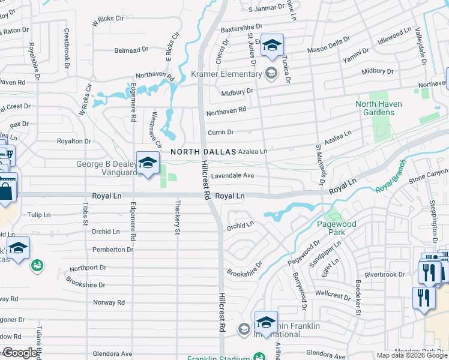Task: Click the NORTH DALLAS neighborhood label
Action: pyautogui.click(x=203, y=152)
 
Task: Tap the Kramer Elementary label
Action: pyautogui.click(x=226, y=74)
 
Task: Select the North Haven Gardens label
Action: pyautogui.click(x=379, y=108)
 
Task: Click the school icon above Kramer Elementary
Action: pyautogui.click(x=272, y=46)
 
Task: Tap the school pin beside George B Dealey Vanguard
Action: pyautogui.click(x=148, y=163)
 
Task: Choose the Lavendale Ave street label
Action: pyautogui.click(x=232, y=176)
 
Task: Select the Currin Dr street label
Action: pyautogui.click(x=220, y=132)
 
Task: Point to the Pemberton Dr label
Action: pyautogui.click(x=113, y=250)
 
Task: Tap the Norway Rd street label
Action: pyautogui.click(x=109, y=303)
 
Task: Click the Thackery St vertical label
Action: pyautogui.click(x=178, y=213)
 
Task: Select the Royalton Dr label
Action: pyautogui.click(x=73, y=142)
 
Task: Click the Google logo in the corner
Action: pyautogui.click(x=20, y=353)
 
